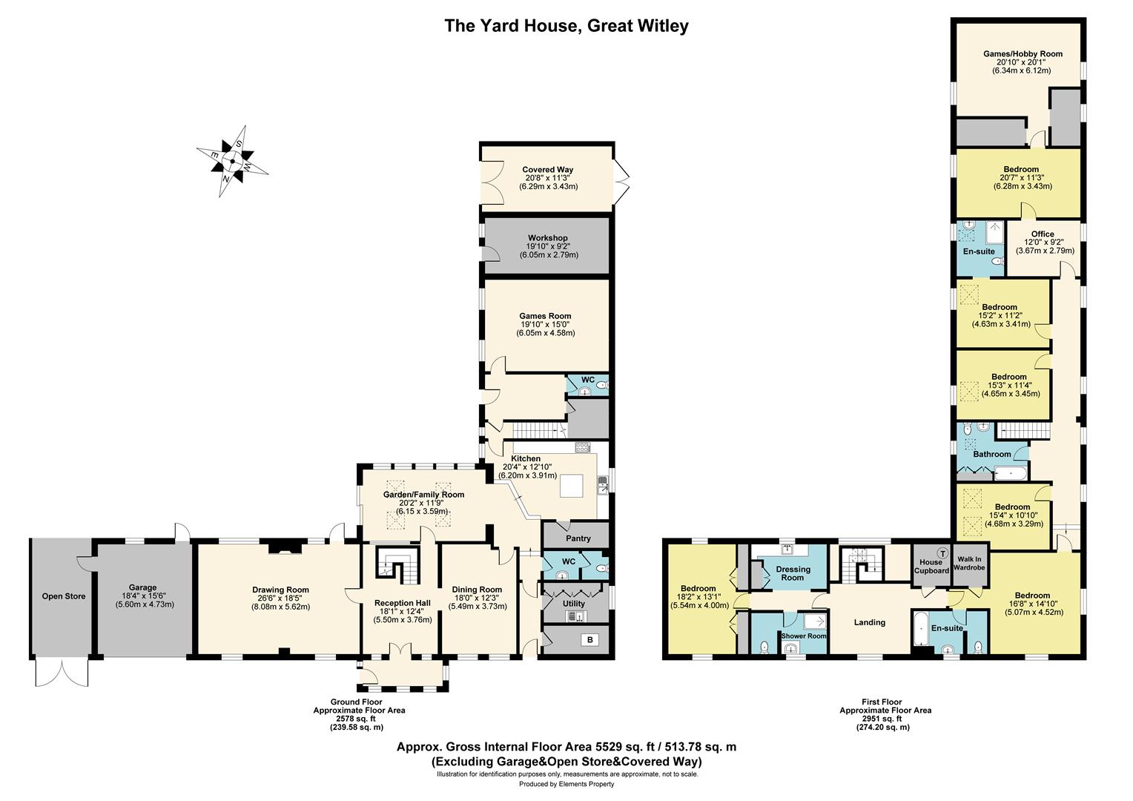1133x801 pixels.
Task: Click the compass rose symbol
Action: [x=232, y=162]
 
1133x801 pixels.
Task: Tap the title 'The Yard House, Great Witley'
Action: [x=566, y=26]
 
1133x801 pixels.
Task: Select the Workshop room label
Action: [x=548, y=238]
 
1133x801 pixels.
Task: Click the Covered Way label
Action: [x=548, y=170]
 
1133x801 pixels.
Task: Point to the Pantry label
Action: [x=578, y=538]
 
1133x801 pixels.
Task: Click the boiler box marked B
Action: [x=589, y=640]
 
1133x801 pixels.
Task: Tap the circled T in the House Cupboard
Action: [x=942, y=553]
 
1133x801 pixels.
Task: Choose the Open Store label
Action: [x=64, y=596]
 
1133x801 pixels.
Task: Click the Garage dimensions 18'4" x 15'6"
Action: [x=142, y=596]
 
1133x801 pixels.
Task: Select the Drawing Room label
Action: [x=281, y=590]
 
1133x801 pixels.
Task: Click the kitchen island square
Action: [x=571, y=487]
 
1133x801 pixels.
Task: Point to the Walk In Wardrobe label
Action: [x=969, y=563]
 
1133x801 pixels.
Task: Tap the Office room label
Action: [x=1043, y=234]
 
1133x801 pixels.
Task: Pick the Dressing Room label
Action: [x=793, y=573]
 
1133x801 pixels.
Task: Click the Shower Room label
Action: [x=804, y=636]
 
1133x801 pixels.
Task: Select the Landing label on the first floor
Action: [x=870, y=622]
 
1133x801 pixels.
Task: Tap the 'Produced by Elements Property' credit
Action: [x=566, y=784]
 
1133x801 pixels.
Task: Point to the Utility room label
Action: [x=574, y=604]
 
